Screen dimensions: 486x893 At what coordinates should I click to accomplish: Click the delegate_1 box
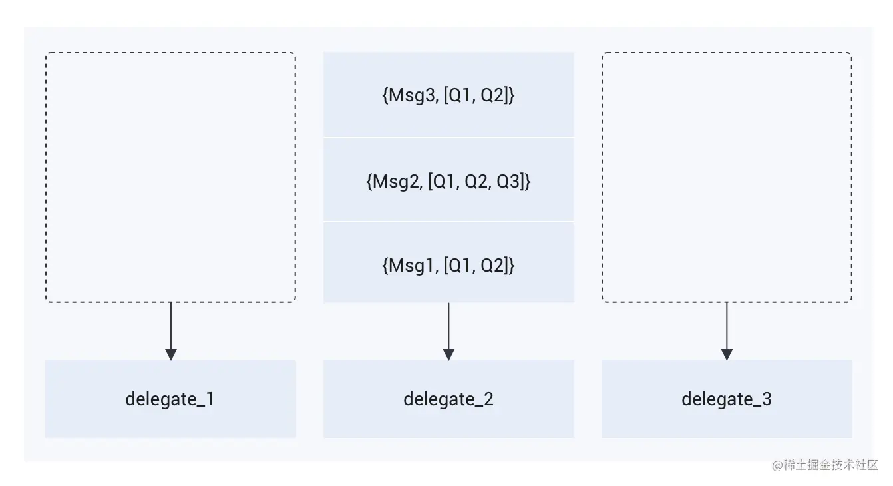(170, 399)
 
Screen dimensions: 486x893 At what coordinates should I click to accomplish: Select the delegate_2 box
(448, 399)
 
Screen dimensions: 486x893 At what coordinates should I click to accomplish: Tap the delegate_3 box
(727, 399)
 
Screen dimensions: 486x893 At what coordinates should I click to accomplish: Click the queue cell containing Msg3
(448, 95)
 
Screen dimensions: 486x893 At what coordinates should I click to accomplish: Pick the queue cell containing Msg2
(448, 180)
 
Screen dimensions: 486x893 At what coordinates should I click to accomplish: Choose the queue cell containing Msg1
(448, 264)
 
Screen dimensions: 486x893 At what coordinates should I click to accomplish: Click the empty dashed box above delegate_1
(170, 177)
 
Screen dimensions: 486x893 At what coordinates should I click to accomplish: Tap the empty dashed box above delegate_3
(727, 177)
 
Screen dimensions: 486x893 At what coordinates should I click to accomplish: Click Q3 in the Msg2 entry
(511, 181)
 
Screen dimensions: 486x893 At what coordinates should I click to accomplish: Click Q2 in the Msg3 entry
(495, 95)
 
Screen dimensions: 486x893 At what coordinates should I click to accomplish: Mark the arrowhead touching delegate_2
(448, 354)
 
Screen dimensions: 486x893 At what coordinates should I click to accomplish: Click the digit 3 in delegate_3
(767, 399)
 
